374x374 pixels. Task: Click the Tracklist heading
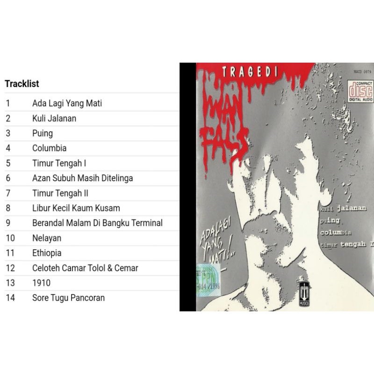click(x=22, y=84)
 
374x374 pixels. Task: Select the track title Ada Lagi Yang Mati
click(x=67, y=103)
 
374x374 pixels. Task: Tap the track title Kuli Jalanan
click(x=54, y=118)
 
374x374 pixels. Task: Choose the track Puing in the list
click(x=43, y=133)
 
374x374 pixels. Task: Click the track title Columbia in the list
click(x=49, y=148)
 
